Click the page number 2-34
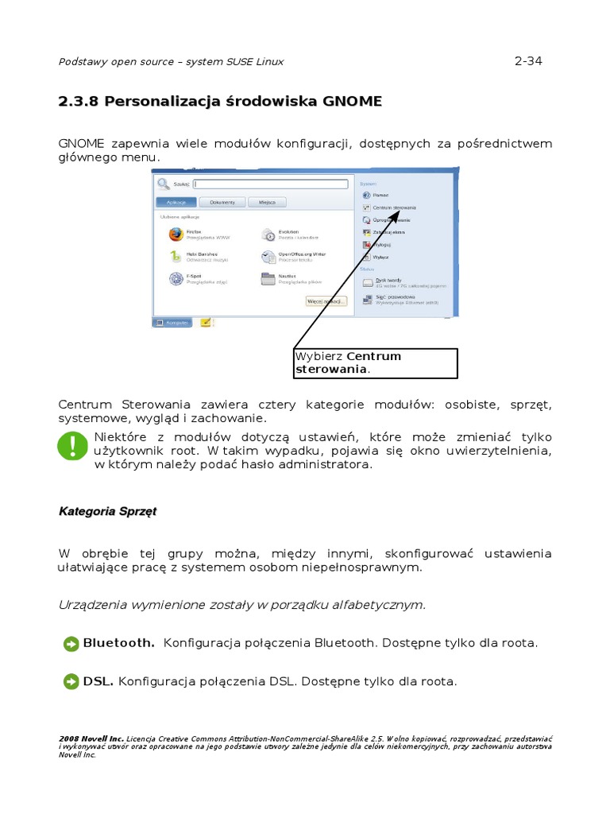click(x=528, y=61)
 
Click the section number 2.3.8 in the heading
click(x=79, y=102)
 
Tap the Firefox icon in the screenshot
click(x=176, y=234)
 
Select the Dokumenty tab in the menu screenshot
click(x=222, y=202)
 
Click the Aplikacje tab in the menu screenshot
click(x=176, y=202)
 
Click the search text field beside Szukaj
click(x=271, y=184)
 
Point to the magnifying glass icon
click(x=164, y=184)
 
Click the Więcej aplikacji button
click(x=326, y=301)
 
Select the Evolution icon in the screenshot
click(x=268, y=234)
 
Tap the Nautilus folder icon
click(x=268, y=278)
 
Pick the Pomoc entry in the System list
click(x=380, y=195)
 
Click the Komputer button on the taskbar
click(x=172, y=323)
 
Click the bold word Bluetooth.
click(x=118, y=642)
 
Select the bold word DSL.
click(x=98, y=681)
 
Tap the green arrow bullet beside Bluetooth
click(x=71, y=643)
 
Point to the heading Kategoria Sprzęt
click(x=107, y=511)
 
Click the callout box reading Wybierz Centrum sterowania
click(x=376, y=362)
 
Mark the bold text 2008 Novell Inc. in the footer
click(x=91, y=738)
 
